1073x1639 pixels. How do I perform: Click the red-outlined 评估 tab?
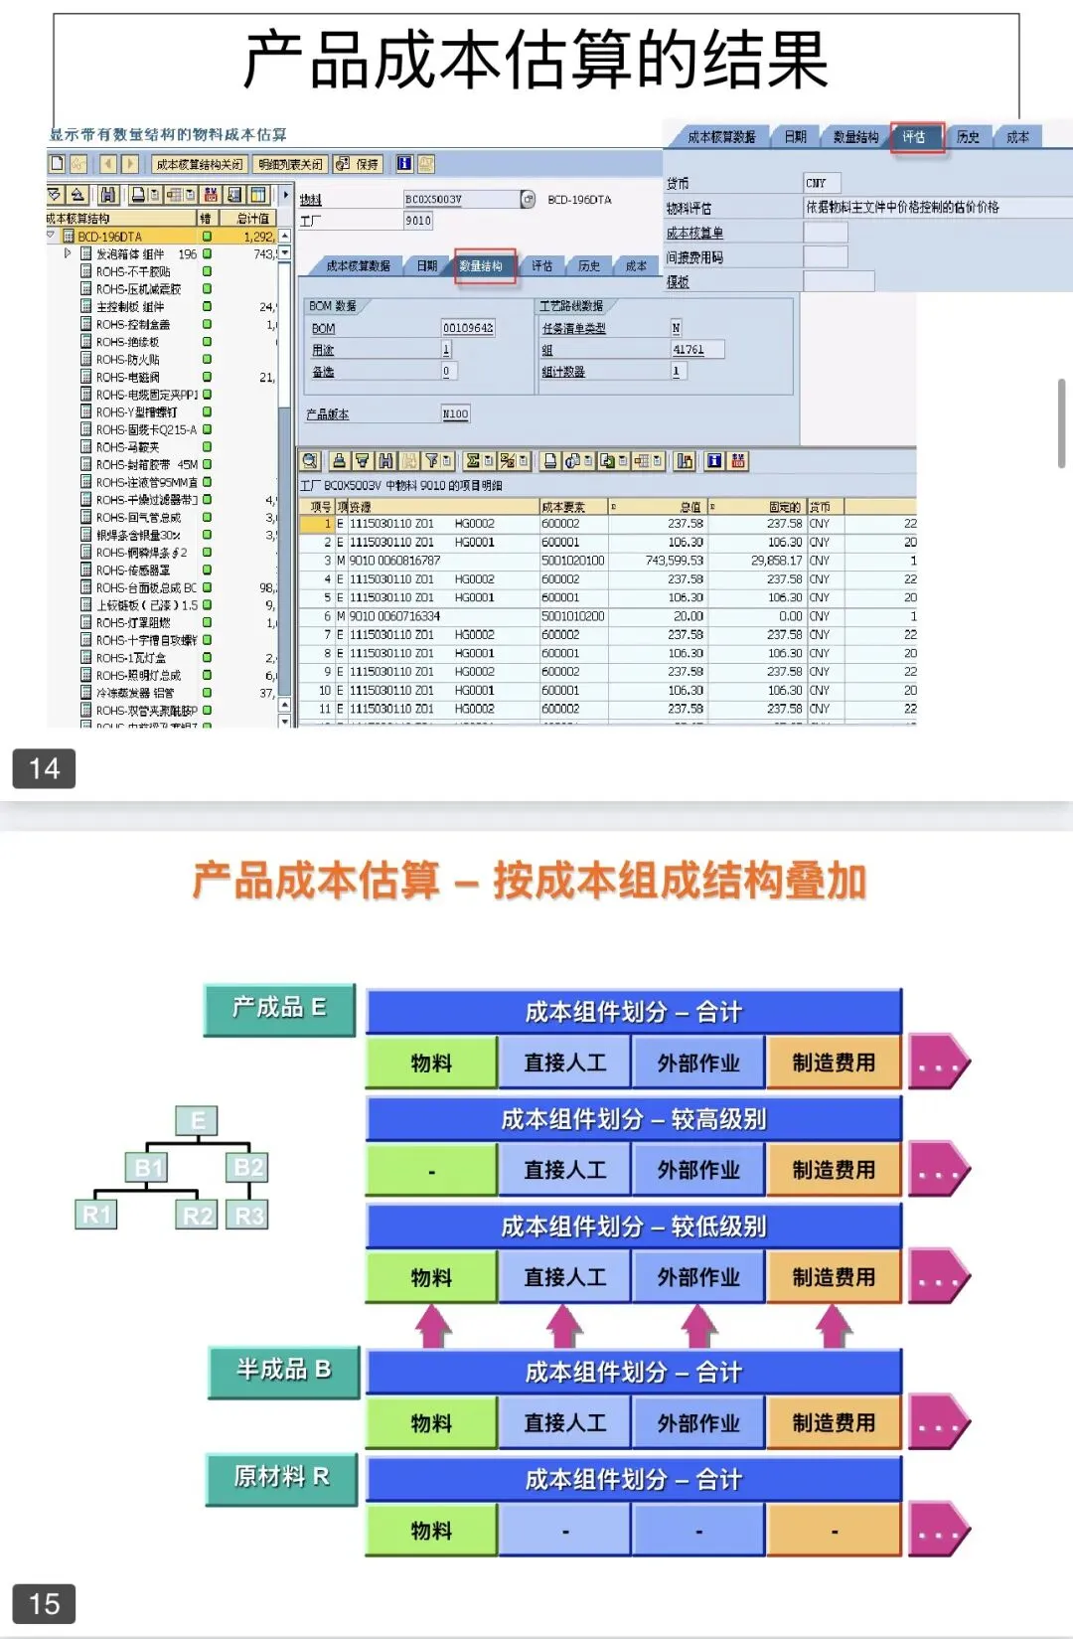click(915, 137)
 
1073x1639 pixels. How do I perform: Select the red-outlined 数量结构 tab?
click(483, 265)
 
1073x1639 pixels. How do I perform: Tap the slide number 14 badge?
click(44, 768)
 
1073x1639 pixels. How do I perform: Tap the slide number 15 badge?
click(44, 1603)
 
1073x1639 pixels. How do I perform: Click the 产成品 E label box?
click(279, 1009)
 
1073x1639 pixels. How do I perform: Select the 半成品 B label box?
click(282, 1371)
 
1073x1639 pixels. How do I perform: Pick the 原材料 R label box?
click(281, 1478)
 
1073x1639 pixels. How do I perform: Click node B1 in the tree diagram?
click(148, 1167)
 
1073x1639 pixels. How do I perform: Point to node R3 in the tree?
click(248, 1215)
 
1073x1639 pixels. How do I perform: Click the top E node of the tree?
click(197, 1121)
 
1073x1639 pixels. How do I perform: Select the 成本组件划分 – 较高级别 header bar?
click(634, 1119)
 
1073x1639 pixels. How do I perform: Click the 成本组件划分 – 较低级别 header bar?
click(634, 1227)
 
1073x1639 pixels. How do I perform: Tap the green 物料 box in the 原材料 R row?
click(431, 1531)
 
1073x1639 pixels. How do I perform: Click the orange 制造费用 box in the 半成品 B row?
click(834, 1423)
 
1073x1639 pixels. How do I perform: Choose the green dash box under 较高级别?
click(431, 1171)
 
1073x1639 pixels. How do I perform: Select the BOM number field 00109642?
click(467, 328)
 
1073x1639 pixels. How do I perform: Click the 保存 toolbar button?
click(358, 164)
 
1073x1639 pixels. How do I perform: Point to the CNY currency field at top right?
click(821, 183)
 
